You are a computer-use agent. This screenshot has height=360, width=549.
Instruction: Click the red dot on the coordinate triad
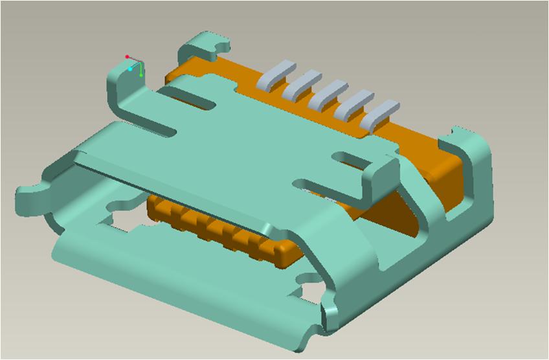[128, 57]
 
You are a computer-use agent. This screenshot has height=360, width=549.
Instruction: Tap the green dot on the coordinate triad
[141, 75]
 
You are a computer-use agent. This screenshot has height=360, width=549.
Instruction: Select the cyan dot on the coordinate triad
[131, 68]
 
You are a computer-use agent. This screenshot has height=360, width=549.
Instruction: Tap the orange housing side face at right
[447, 168]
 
